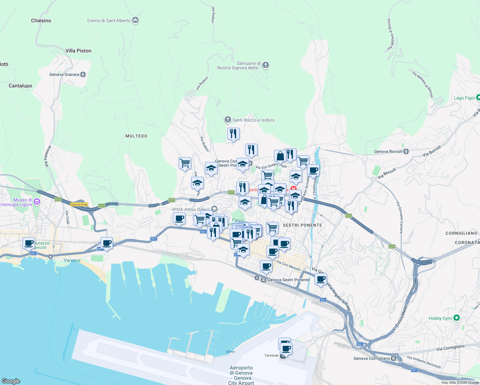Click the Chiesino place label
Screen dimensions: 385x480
point(41,21)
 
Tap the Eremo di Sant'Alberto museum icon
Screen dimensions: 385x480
point(135,21)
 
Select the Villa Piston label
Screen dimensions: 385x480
point(78,51)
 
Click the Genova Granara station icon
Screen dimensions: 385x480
point(83,74)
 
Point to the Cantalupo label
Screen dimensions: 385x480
point(20,86)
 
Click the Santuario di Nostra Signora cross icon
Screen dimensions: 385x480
point(266,65)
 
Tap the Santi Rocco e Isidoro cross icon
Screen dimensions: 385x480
point(227,120)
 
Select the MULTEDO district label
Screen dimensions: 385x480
point(136,136)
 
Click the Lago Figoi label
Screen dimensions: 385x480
point(464,98)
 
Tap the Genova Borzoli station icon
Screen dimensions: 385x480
point(406,151)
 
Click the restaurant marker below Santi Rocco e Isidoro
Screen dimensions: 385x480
point(233,133)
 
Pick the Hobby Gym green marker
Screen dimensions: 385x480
point(457,318)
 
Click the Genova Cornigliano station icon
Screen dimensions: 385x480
point(393,358)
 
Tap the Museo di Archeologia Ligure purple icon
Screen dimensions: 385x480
point(37,202)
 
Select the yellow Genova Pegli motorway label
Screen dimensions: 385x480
point(79,204)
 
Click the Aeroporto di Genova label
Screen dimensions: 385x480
point(241,373)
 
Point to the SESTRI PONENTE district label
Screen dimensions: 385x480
point(302,225)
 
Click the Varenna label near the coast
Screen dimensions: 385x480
point(72,260)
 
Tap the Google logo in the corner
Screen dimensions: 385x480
point(11,381)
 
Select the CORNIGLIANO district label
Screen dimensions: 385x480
point(461,233)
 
